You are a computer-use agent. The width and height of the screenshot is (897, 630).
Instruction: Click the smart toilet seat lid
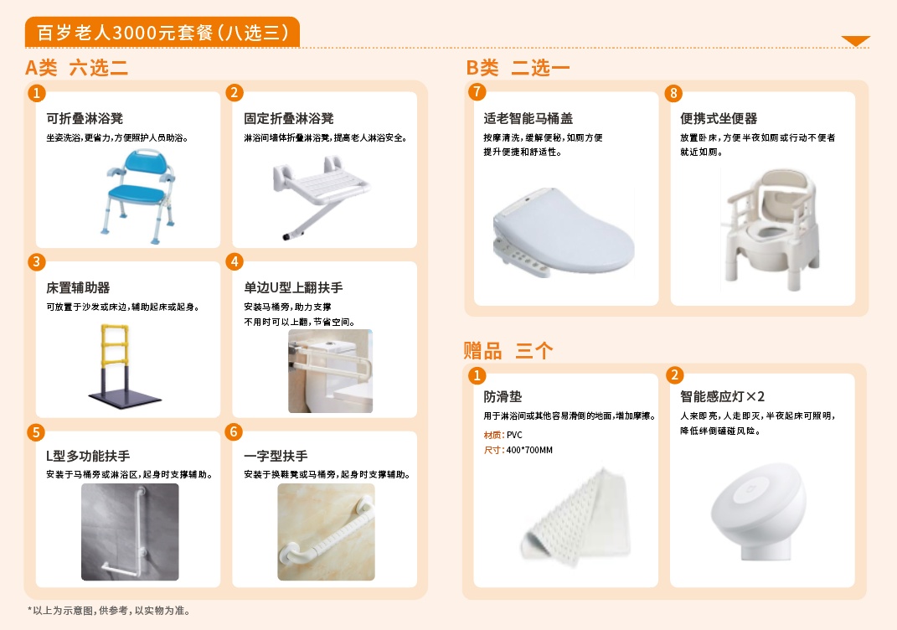[x=564, y=232]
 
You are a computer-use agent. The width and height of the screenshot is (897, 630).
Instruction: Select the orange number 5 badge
[x=35, y=432]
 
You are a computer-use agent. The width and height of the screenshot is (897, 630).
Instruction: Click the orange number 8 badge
[x=673, y=93]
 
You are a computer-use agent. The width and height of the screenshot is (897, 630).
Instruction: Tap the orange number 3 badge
[x=36, y=262]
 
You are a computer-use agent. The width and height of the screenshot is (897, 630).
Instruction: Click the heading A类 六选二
[x=77, y=68]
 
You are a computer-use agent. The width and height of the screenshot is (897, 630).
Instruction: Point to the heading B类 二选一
[x=518, y=68]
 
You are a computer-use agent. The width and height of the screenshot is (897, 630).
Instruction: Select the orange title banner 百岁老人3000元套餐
[x=162, y=32]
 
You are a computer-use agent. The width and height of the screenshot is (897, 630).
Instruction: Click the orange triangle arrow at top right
[x=855, y=40]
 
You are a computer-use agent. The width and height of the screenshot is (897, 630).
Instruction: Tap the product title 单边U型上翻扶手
[x=293, y=287]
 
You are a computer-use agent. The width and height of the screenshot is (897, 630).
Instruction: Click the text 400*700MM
[x=529, y=451]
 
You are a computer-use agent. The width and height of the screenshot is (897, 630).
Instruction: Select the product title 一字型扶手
[x=276, y=456]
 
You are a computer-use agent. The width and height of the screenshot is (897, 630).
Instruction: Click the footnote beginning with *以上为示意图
[x=109, y=611]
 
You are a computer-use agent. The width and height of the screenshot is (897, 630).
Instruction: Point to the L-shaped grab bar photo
[x=130, y=532]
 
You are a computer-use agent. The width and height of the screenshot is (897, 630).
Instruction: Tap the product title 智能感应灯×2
[x=722, y=396]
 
